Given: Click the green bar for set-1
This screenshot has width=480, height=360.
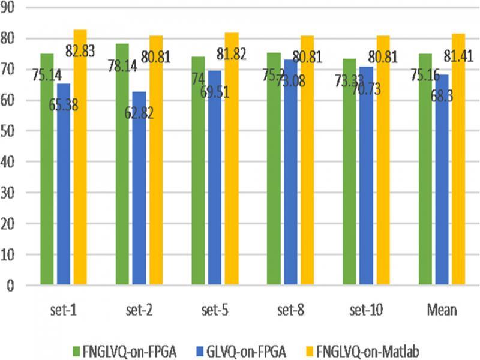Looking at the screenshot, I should point(47,180).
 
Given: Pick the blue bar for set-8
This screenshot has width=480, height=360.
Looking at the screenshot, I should point(290,180).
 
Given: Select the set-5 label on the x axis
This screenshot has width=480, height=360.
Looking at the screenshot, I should point(215,310).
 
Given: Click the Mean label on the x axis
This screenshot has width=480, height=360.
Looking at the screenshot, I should point(442,310).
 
